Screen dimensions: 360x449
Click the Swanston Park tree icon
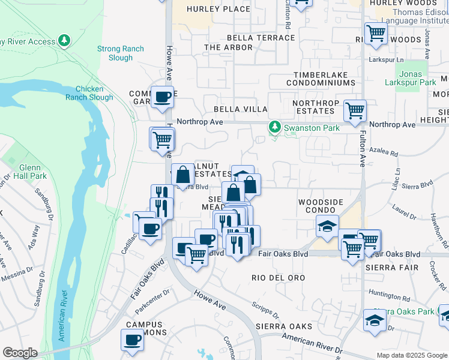pos(275,127)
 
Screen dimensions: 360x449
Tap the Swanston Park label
pos(311,128)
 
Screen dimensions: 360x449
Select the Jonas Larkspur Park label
pos(419,77)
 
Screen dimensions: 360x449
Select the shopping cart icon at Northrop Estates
pos(355,110)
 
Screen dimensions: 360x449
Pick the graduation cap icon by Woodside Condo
pos(328,226)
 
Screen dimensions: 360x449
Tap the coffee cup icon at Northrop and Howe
pos(161,97)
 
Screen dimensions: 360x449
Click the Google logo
pos(20,353)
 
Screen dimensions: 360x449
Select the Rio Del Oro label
pos(279,278)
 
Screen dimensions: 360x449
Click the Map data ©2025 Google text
pos(411,355)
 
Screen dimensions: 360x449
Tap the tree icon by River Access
pos(64,41)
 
